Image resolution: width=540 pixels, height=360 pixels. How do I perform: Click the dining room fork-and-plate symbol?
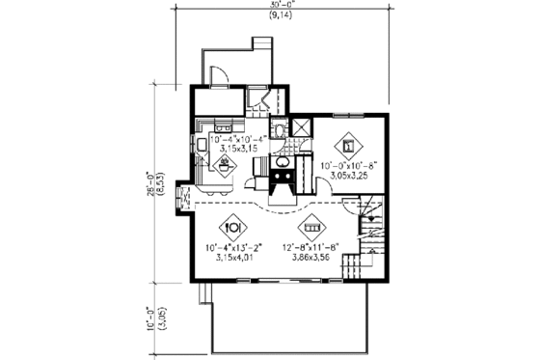[232, 229]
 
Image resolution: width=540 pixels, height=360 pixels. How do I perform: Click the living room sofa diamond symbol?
[311, 229]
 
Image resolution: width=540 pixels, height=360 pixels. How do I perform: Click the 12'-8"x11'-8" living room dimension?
[310, 248]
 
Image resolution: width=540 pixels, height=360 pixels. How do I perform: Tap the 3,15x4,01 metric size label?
[231, 258]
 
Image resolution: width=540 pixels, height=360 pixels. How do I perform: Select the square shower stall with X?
[301, 127]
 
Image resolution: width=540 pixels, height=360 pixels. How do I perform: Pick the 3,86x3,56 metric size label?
[310, 258]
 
